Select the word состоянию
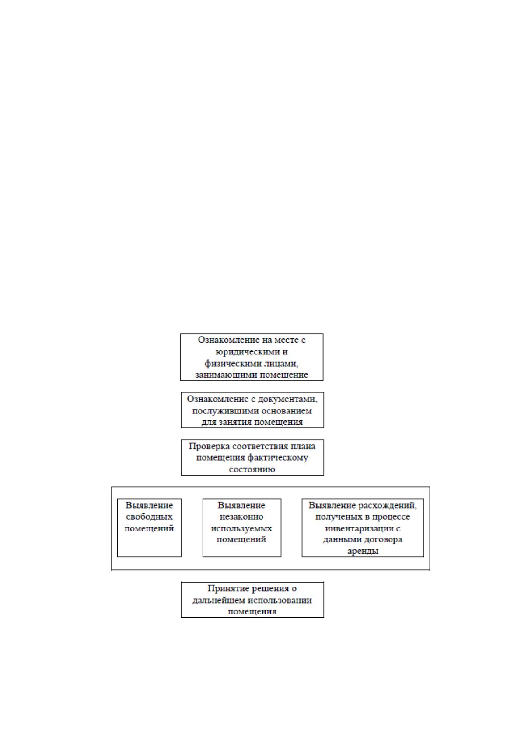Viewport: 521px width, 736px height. [x=252, y=469]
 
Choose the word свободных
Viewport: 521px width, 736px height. [x=149, y=517]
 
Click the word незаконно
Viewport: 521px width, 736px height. [x=241, y=517]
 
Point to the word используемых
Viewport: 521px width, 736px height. [x=241, y=528]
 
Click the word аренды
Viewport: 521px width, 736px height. [x=363, y=551]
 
